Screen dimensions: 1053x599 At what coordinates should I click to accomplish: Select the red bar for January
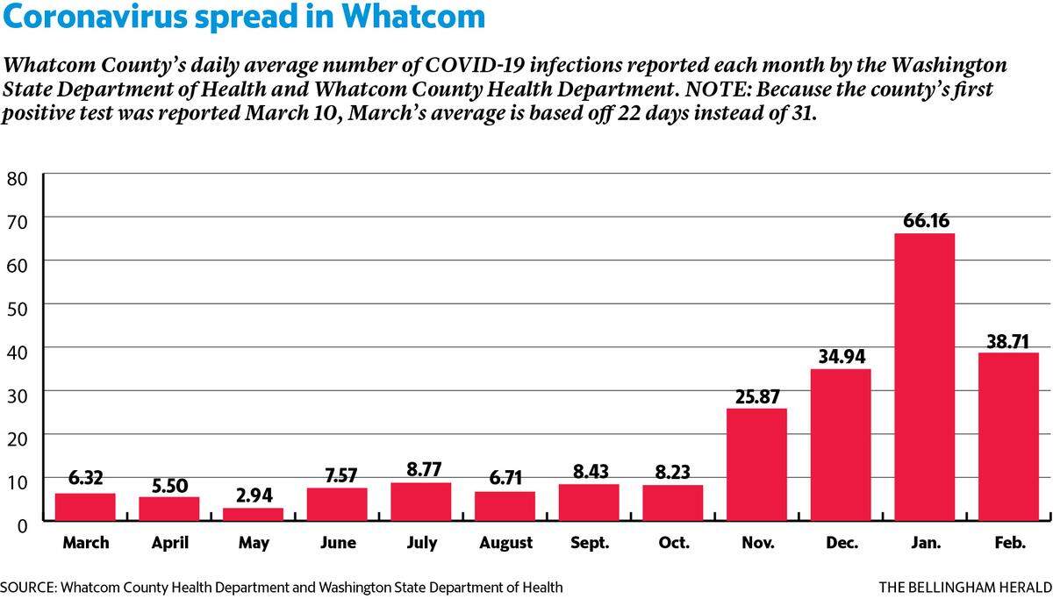click(x=924, y=377)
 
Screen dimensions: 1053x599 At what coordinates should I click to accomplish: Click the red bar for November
click(x=756, y=465)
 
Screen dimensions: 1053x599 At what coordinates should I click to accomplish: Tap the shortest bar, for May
click(x=253, y=515)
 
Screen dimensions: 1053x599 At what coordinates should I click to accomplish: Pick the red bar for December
click(x=841, y=445)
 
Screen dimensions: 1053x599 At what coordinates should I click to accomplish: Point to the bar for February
click(x=1008, y=437)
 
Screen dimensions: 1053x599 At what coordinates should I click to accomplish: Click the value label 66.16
click(x=926, y=220)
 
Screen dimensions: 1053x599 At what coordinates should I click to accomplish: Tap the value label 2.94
click(x=254, y=496)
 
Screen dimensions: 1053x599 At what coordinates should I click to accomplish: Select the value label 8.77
click(x=424, y=469)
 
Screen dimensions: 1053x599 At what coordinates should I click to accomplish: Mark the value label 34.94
click(x=842, y=357)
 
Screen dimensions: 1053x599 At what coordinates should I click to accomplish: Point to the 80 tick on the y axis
click(x=18, y=179)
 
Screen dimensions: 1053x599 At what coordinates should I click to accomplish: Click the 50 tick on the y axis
click(x=18, y=309)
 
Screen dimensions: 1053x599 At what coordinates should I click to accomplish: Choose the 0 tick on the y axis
click(x=23, y=525)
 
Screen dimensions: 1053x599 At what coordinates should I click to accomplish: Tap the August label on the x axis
click(x=505, y=543)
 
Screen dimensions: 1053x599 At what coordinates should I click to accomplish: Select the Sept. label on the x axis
click(x=590, y=543)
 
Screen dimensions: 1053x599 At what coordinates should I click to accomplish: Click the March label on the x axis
click(x=86, y=543)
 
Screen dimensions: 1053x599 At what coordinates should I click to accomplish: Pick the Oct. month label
click(x=674, y=543)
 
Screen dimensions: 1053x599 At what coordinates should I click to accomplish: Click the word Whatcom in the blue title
click(x=412, y=17)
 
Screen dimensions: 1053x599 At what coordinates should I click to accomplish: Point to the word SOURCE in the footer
click(x=28, y=588)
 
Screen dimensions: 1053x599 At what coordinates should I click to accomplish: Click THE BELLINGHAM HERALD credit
click(x=965, y=588)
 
